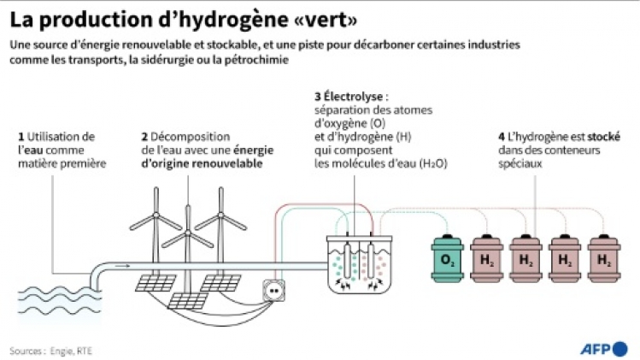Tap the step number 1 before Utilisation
[21, 137]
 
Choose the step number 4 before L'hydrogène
[500, 137]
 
